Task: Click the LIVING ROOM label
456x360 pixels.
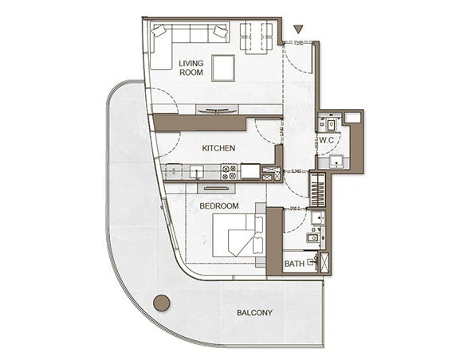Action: coord(191,68)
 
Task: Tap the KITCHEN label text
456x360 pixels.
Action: coord(218,148)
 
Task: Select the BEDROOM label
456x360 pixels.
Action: coord(219,206)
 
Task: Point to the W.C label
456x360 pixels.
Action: coord(327,142)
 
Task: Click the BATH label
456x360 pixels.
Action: coord(293,264)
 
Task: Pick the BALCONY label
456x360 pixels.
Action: coord(254,313)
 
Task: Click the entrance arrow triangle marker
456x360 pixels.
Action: coord(297,29)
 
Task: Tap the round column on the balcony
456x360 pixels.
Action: coord(161,303)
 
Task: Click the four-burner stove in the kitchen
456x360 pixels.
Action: coord(228,170)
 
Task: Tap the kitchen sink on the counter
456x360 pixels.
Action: coord(195,170)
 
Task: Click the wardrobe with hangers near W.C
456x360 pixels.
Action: coord(317,190)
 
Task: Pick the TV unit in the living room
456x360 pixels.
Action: coord(217,110)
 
